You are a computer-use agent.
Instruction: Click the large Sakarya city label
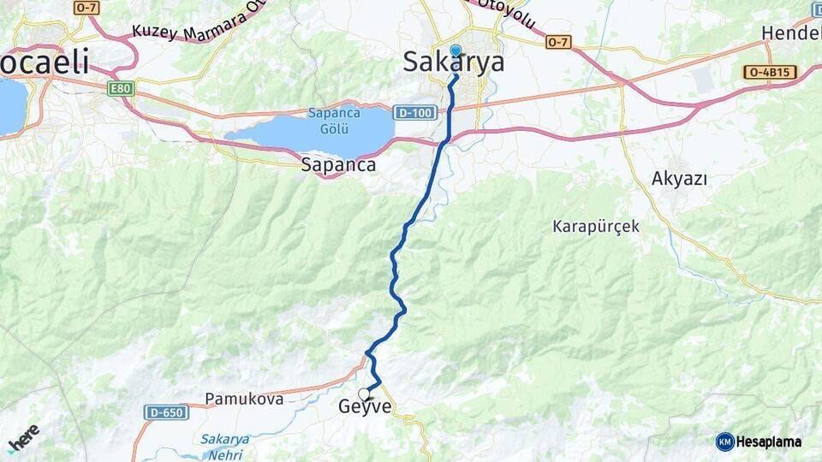453,62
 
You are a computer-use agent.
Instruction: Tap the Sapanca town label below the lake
338,165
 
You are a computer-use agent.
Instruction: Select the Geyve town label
365,407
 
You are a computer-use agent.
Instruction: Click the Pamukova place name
244,399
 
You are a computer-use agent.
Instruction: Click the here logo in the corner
23,438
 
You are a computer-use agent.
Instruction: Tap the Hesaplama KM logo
759,441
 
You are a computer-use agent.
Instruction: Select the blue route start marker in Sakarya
455,50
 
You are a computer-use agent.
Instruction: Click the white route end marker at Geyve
365,394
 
